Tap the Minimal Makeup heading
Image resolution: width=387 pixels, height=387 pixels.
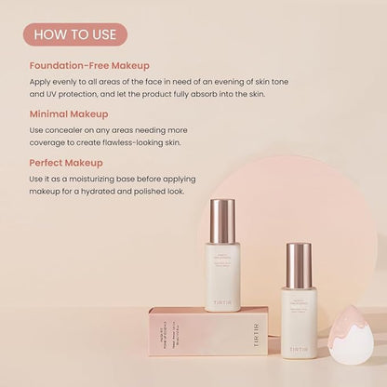[70, 113]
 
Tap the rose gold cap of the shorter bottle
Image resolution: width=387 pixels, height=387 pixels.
[299, 265]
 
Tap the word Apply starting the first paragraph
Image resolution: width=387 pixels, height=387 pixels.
[41, 81]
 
